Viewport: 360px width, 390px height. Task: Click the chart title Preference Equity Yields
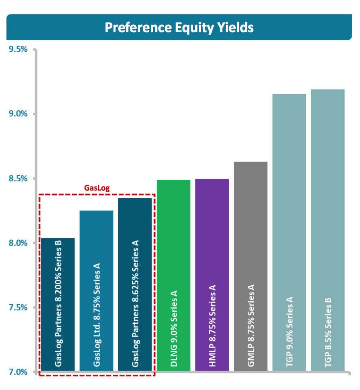point(179,27)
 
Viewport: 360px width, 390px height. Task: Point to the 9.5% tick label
point(18,49)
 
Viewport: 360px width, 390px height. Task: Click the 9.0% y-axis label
point(18,114)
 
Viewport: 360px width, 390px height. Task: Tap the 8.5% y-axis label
point(18,178)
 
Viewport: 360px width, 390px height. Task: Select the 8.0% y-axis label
point(18,243)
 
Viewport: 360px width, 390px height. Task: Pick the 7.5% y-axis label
point(18,307)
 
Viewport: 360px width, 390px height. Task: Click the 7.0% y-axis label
point(18,372)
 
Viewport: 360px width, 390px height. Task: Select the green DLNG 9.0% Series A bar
point(174,275)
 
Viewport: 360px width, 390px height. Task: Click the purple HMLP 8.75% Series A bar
point(212,275)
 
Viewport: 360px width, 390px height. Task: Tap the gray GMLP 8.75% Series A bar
point(251,266)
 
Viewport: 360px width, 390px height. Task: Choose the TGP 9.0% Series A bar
point(289,232)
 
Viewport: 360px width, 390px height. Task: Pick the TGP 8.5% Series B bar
point(328,230)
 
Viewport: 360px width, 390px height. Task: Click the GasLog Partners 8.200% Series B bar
point(58,305)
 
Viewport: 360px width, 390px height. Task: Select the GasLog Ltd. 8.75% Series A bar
point(96,291)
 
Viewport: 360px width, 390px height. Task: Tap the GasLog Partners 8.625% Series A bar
point(135,284)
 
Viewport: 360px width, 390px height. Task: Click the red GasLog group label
point(97,188)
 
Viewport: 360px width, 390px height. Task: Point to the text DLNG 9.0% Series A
point(174,329)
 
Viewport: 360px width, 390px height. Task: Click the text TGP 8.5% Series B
point(328,332)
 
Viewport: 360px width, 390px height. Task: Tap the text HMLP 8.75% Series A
point(212,326)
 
